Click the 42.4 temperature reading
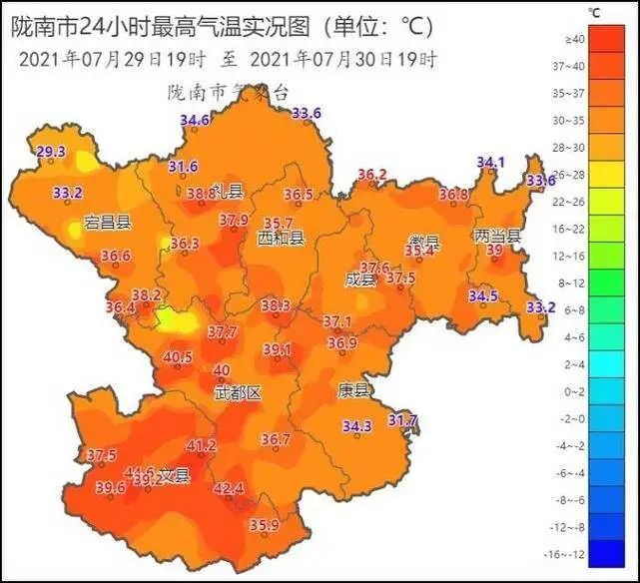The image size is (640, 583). click(x=229, y=488)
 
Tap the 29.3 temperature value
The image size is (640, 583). click(x=50, y=152)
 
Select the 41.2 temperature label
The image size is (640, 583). click(x=202, y=445)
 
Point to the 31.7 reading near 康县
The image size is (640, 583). click(x=402, y=419)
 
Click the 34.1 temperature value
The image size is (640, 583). click(x=490, y=162)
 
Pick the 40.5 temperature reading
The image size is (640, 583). click(x=178, y=356)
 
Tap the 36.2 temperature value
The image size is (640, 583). click(x=371, y=174)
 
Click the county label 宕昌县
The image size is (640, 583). click(x=108, y=222)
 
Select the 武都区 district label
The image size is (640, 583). click(x=238, y=393)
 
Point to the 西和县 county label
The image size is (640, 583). click(x=281, y=239)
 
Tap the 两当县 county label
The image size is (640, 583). click(x=497, y=237)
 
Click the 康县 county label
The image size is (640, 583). click(x=353, y=389)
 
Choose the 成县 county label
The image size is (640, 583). click(x=360, y=281)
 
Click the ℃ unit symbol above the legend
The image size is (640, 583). click(x=594, y=13)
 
